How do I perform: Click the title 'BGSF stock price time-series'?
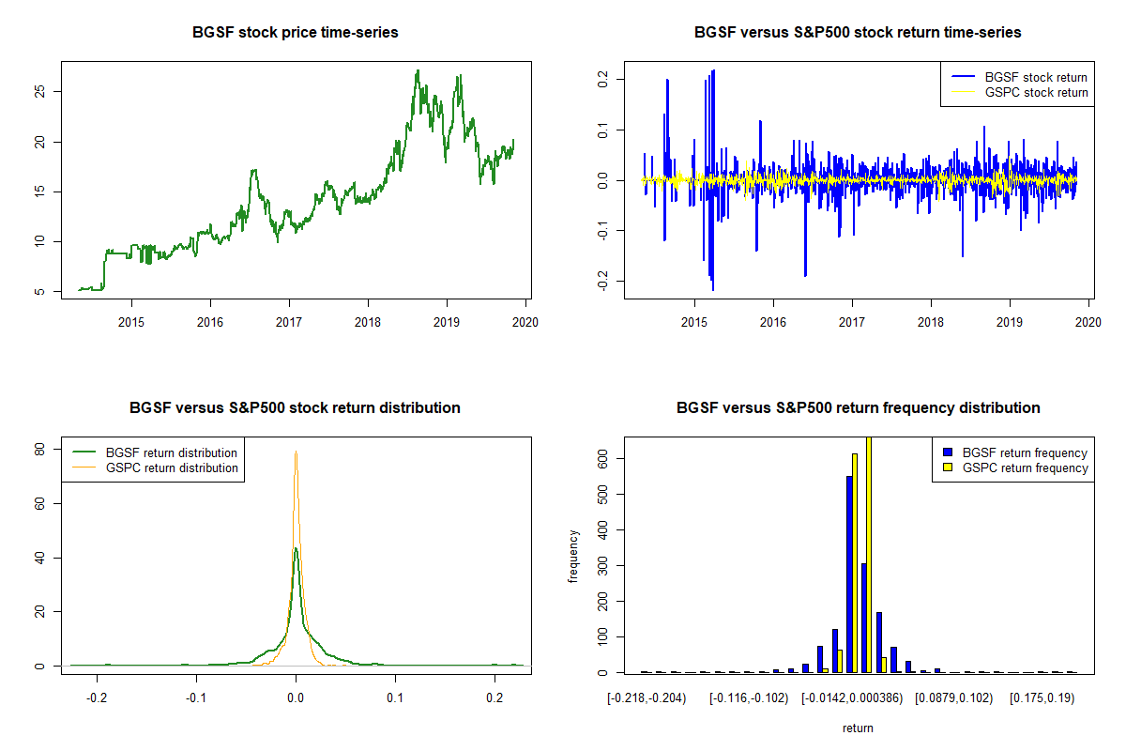click(x=296, y=33)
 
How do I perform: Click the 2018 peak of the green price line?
click(x=418, y=70)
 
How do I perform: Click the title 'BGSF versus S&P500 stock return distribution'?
click(x=296, y=408)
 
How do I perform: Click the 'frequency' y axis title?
click(x=575, y=556)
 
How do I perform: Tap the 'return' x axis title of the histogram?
click(x=858, y=728)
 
